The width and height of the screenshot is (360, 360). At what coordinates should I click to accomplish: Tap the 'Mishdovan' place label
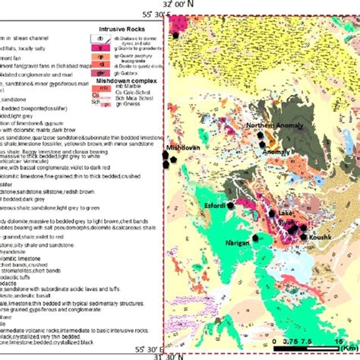click(x=184, y=148)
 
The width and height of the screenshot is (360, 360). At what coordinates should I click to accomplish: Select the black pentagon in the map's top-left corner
click(x=177, y=35)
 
